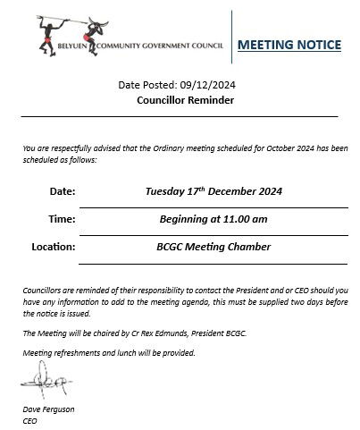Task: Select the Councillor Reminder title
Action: [185, 101]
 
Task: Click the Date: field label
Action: [62, 190]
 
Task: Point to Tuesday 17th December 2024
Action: [207, 190]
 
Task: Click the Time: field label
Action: [61, 218]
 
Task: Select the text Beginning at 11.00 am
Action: [207, 218]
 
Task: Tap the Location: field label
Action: [54, 247]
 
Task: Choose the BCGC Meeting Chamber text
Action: [207, 247]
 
